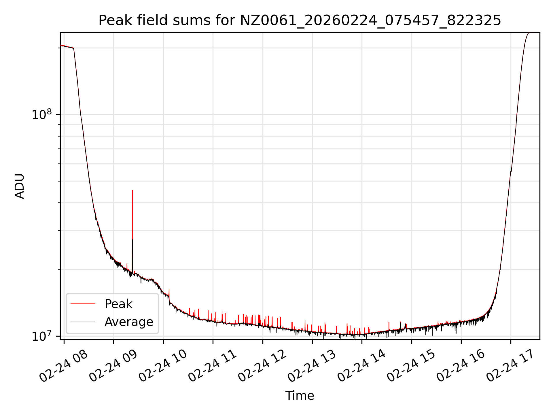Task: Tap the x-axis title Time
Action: pyautogui.click(x=300, y=396)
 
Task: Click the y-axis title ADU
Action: pyautogui.click(x=20, y=186)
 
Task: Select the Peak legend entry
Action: pyautogui.click(x=118, y=304)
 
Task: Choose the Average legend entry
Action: pyautogui.click(x=128, y=322)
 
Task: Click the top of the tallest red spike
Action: pyautogui.click(x=132, y=190)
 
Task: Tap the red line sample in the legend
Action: pyautogui.click(x=83, y=304)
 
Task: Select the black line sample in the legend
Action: pyautogui.click(x=83, y=322)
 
